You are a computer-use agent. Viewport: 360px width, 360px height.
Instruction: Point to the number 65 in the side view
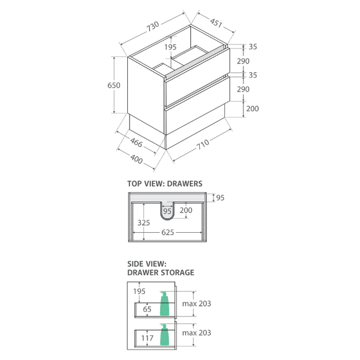pos(147,308)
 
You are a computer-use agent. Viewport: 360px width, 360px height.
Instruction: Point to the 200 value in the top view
pos(186,210)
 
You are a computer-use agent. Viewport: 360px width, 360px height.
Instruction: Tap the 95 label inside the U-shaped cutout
pos(167,210)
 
